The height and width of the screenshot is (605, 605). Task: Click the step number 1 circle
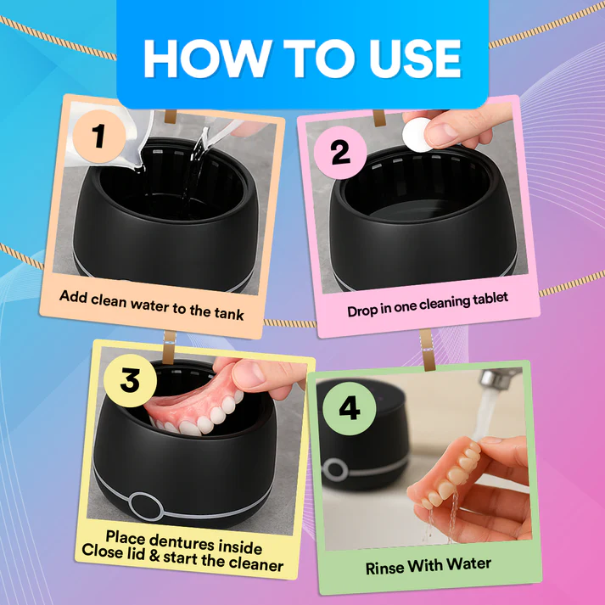coord(98,136)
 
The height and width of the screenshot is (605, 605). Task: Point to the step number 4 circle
coord(349,406)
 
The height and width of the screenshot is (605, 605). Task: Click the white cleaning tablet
coord(417,133)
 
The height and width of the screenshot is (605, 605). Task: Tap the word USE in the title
coord(413,58)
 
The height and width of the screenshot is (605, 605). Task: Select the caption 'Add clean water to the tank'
coord(152,304)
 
